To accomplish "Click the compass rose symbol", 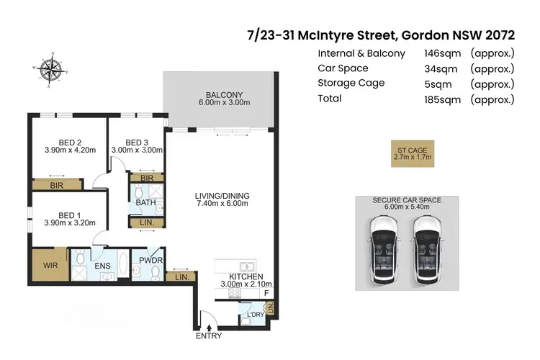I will tap(50, 69).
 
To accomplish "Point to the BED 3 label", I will tap(136, 142).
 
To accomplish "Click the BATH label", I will tap(146, 204).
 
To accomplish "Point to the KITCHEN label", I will tap(246, 276).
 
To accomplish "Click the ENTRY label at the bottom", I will tap(209, 336).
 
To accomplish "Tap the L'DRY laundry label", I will tap(256, 315).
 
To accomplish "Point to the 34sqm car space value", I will tap(439, 68).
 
